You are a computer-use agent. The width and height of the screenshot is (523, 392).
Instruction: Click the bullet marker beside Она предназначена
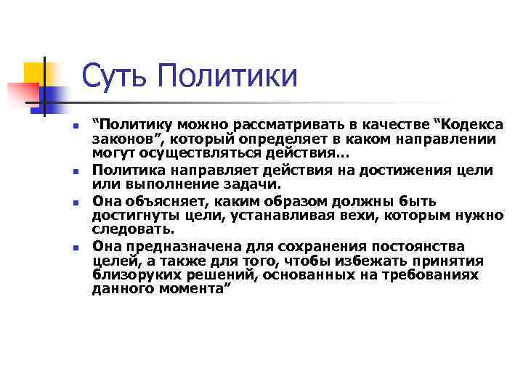[76, 248]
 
